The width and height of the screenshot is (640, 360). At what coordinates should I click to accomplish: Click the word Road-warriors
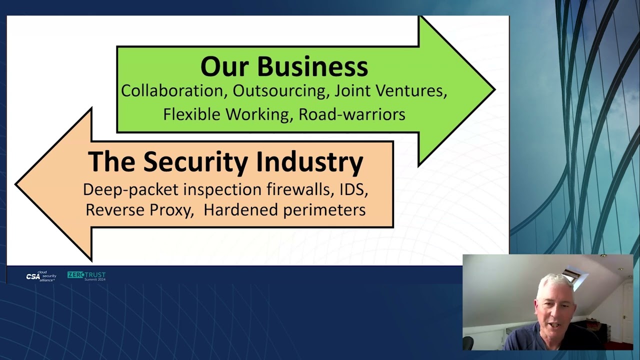(351, 114)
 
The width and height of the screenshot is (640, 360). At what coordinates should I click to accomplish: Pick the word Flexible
(191, 114)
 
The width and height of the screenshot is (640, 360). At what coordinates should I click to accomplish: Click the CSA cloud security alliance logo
(41, 276)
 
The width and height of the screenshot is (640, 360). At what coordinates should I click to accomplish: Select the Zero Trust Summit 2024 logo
(86, 276)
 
